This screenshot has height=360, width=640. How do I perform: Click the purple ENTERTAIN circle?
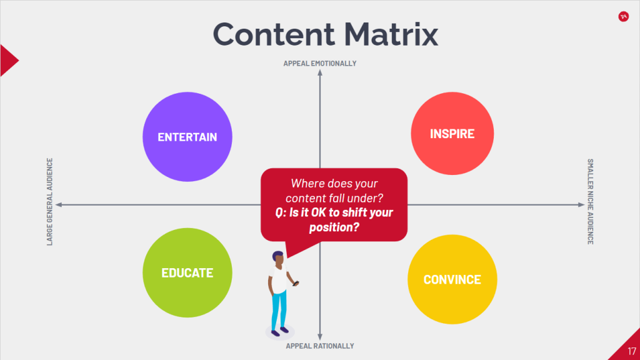(x=187, y=137)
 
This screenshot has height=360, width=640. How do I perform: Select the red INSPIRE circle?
(x=452, y=134)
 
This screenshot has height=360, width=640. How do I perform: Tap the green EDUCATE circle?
(x=187, y=272)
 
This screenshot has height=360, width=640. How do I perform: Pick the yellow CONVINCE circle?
(x=452, y=279)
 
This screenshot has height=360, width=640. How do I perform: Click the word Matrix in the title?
(x=391, y=34)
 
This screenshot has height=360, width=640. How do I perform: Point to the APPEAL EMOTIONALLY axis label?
(x=320, y=63)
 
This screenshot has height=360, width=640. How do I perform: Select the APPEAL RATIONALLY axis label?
(x=320, y=346)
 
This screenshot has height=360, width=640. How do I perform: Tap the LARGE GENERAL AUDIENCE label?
(x=50, y=202)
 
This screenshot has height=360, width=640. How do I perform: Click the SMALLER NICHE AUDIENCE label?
(x=590, y=202)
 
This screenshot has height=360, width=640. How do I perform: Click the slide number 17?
(x=632, y=351)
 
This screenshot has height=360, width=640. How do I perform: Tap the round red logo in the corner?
(x=623, y=17)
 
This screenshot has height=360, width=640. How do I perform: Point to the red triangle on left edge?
(x=8, y=61)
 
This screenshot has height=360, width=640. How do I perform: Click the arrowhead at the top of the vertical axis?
(x=320, y=72)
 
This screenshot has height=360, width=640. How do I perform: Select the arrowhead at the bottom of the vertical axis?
(x=320, y=337)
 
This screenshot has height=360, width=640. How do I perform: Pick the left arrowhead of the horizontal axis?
(x=58, y=204)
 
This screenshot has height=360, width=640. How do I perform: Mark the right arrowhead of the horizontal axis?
(x=582, y=204)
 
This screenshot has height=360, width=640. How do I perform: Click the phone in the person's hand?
(x=296, y=283)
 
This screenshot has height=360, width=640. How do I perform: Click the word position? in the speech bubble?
(x=334, y=227)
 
